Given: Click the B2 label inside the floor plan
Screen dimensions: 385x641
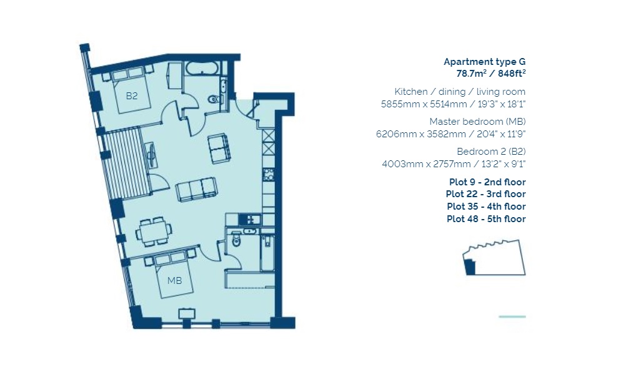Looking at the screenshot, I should [x=131, y=96].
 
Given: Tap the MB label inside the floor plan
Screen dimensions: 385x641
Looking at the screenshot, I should [x=174, y=280].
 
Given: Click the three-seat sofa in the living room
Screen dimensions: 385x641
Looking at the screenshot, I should [x=197, y=189].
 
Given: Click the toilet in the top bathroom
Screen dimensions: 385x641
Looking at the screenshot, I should [x=214, y=98].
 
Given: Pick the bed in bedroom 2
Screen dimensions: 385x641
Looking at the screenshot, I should [x=132, y=91].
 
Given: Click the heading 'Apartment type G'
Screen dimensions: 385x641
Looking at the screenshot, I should [x=484, y=62].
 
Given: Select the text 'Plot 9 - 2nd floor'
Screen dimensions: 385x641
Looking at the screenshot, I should [x=487, y=182].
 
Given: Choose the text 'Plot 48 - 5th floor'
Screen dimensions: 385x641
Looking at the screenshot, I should [x=486, y=219].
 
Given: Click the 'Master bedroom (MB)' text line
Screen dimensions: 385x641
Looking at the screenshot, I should [x=477, y=122].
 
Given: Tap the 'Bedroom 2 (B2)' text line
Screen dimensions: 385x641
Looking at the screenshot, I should [x=491, y=152].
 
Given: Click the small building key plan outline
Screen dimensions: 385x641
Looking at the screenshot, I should [x=494, y=258].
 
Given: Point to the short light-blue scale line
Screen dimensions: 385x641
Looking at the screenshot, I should [x=512, y=317].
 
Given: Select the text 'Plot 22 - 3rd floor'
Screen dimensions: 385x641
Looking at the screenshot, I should [x=486, y=194].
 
